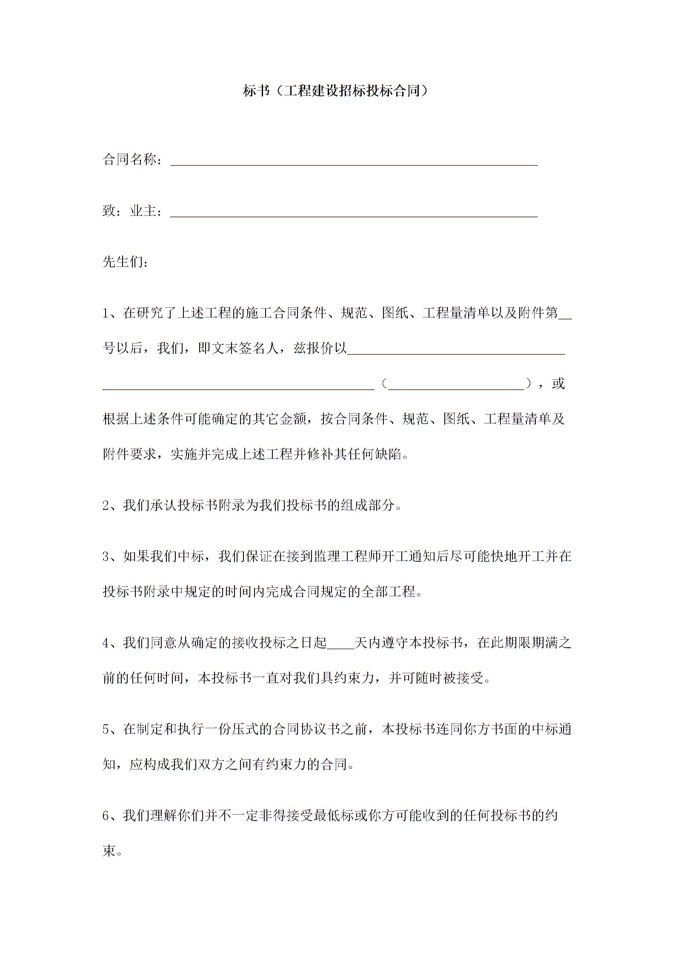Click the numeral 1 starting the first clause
[x=106, y=314]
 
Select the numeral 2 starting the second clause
[x=106, y=506]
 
